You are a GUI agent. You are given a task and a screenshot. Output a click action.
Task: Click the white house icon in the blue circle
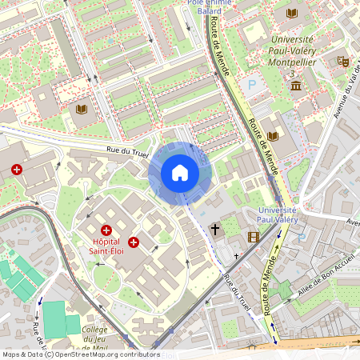click(x=180, y=173)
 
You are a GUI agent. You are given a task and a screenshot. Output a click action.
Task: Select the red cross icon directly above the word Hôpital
click(x=106, y=230)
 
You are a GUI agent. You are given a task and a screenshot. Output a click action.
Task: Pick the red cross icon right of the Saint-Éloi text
click(x=134, y=242)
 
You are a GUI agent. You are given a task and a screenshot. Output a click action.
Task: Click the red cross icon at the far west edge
click(x=17, y=170)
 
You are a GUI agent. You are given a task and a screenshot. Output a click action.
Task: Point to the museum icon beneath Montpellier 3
click(x=296, y=86)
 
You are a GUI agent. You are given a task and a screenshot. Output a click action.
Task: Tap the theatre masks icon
click(x=343, y=61)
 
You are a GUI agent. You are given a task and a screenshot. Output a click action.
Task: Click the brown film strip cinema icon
click(x=254, y=237)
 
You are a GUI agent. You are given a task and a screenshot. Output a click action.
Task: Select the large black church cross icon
click(x=214, y=230)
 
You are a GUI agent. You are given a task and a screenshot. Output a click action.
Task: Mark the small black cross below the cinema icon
click(x=236, y=257)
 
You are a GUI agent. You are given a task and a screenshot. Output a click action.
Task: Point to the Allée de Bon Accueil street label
click(x=316, y=289)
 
